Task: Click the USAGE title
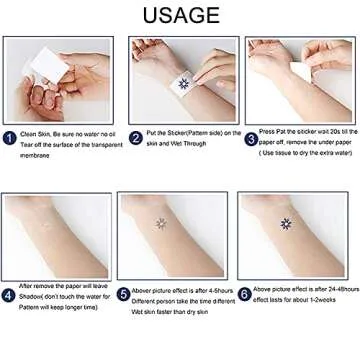180,16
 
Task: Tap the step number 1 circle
9,137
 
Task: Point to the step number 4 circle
9,295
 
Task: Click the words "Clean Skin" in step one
34,133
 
